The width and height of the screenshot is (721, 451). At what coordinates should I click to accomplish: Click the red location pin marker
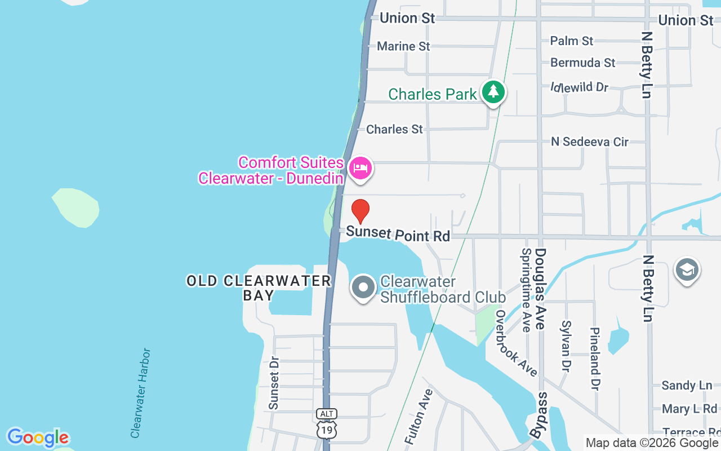(360, 211)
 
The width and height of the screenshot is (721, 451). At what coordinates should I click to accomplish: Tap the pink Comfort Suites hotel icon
(360, 168)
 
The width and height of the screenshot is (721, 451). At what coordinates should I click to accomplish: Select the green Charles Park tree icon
(493, 91)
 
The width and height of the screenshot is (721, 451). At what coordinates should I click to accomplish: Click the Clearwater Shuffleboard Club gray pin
(363, 288)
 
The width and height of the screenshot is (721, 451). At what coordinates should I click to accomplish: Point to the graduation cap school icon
(687, 270)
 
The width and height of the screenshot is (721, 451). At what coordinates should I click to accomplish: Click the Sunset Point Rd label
(398, 233)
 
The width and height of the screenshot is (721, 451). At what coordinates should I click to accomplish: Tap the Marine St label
(403, 46)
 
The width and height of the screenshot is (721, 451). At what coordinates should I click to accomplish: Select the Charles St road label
(394, 130)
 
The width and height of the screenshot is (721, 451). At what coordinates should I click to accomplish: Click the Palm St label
(572, 41)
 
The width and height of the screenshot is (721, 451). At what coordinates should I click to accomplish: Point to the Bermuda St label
(583, 63)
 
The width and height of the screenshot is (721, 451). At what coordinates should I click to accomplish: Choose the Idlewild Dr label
(580, 87)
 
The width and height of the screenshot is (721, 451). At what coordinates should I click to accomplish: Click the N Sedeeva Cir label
(589, 142)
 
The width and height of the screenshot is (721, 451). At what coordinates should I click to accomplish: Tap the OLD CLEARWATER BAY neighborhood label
(259, 288)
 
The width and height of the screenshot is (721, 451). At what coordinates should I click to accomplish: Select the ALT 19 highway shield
(327, 423)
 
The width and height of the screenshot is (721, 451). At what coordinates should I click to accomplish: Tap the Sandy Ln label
(687, 386)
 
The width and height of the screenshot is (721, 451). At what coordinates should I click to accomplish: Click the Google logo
(38, 437)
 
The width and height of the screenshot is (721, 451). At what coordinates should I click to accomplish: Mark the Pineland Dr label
(594, 359)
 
